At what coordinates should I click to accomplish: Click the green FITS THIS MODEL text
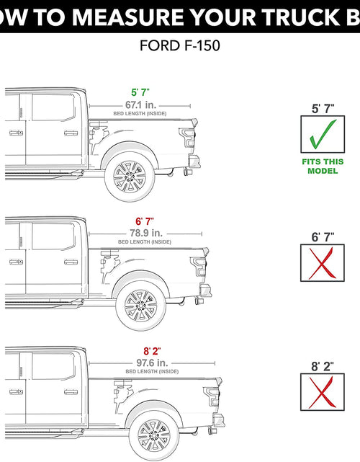tap(323, 166)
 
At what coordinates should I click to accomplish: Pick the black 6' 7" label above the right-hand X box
tap(323, 236)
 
